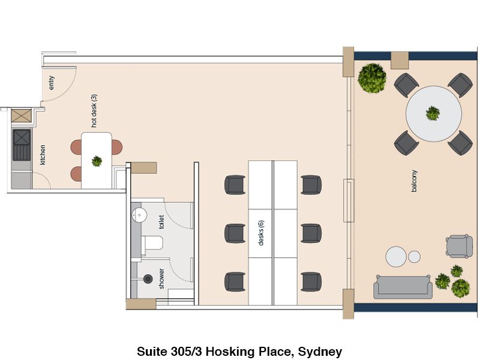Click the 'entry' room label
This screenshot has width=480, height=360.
point(52,83)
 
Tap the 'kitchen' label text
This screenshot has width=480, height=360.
point(43,155)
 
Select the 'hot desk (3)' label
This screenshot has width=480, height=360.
point(94,110)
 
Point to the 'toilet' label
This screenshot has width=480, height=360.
point(161,222)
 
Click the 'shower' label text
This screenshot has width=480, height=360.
point(161,278)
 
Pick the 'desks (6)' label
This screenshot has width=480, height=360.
point(261,233)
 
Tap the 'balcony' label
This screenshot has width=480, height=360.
point(414,181)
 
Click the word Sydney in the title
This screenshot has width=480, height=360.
point(320,352)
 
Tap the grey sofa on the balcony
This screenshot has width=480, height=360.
point(403,287)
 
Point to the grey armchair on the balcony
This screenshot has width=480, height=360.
point(459,247)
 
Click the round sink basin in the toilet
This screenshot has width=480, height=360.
point(140,215)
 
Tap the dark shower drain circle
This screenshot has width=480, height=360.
point(148,278)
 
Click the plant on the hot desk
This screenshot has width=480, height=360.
point(97,161)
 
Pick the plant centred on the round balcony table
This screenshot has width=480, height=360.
point(433,113)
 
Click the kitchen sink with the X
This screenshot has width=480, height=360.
point(22,137)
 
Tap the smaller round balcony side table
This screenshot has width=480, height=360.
point(414,257)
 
